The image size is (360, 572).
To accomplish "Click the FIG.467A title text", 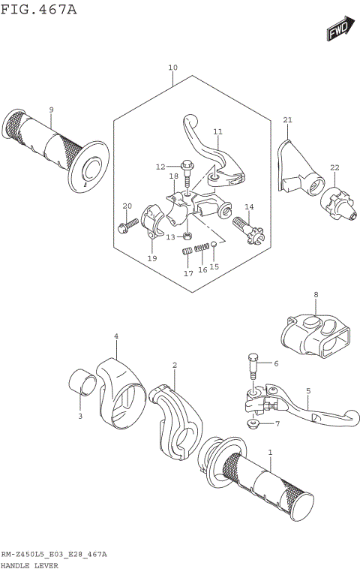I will point(39,10).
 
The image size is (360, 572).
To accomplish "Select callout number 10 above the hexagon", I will point(172,68).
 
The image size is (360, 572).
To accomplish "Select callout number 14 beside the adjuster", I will point(249,206).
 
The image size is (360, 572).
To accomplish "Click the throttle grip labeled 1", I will point(262,480).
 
